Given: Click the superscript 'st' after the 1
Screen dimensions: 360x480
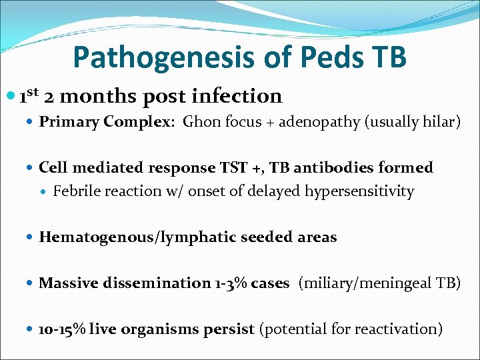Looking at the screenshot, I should pos(35,91).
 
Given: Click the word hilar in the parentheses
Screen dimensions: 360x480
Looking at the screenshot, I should pos(441,122).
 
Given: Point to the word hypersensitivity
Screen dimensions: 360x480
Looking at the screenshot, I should pos(359,192).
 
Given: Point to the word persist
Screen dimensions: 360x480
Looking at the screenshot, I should pos(234,329).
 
